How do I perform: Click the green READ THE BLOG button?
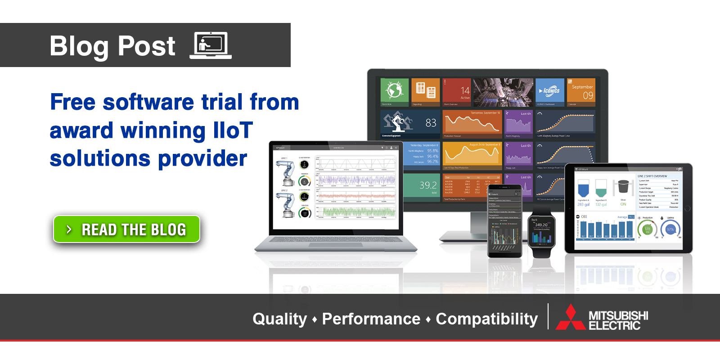click(126, 229)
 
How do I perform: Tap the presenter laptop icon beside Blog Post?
click(211, 45)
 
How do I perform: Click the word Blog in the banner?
click(79, 46)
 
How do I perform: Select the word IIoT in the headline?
click(233, 130)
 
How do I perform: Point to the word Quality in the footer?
click(279, 319)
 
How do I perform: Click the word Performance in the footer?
click(371, 319)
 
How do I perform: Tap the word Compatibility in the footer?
click(486, 319)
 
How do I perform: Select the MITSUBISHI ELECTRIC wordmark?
click(618, 320)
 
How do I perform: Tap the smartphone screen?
click(505, 220)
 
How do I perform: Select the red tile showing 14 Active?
click(456, 92)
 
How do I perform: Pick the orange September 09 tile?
click(581, 92)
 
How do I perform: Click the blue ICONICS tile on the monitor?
click(549, 91)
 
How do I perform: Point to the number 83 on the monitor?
click(431, 123)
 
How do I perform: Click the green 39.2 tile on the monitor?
click(422, 186)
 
